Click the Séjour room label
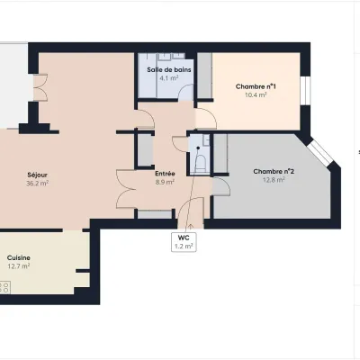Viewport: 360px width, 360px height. [x=37, y=175]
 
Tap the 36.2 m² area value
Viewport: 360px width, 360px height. [x=38, y=184]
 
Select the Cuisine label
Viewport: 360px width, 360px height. [x=19, y=257]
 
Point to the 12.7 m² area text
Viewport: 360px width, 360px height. [x=19, y=266]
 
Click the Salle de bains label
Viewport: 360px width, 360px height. [x=169, y=70]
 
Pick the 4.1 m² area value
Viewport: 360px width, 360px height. [x=169, y=78]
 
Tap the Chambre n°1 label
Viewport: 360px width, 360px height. [x=256, y=86]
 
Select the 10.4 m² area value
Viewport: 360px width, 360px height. [x=256, y=95]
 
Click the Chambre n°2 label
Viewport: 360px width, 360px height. [x=274, y=172]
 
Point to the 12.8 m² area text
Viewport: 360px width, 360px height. [x=274, y=180]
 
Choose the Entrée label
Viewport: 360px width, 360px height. [x=165, y=174]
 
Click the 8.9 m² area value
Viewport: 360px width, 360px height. [x=165, y=182]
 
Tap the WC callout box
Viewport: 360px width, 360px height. [x=184, y=242]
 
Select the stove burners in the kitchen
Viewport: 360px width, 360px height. [x=4, y=287]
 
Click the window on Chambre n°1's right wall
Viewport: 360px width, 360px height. [x=306, y=91]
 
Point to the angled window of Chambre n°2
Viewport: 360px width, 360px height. [x=322, y=153]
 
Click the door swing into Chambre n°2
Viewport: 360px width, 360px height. [x=221, y=186]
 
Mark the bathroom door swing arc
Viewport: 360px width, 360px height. [x=185, y=92]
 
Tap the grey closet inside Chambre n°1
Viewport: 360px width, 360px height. [x=205, y=75]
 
